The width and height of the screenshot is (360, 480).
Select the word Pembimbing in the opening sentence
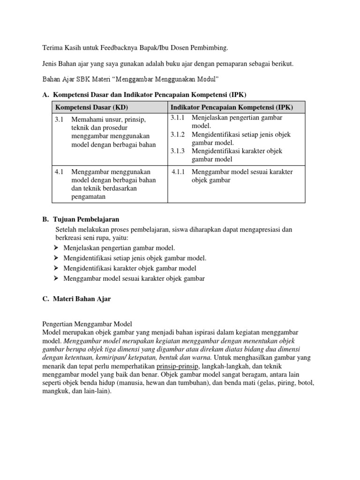(210, 48)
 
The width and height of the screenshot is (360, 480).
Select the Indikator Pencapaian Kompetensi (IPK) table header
(232, 107)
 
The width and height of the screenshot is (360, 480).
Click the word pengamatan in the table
(89, 197)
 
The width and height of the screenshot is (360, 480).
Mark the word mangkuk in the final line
(55, 391)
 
